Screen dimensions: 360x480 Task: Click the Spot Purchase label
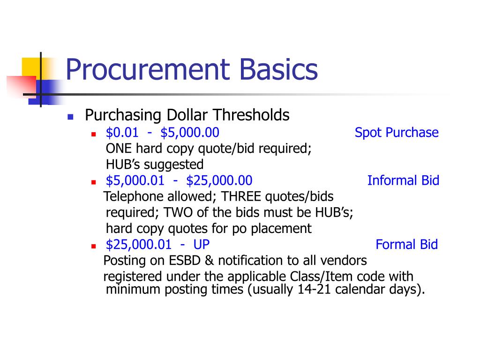pos(397,133)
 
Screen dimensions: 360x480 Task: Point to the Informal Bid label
pos(403,180)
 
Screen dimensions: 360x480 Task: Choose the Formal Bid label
pos(406,244)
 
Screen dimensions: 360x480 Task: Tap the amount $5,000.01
pos(135,180)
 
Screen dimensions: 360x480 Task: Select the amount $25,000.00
pos(219,180)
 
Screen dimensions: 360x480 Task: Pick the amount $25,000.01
pos(139,244)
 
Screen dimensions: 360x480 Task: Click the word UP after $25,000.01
pos(202,244)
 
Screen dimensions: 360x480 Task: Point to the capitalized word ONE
pos(119,149)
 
